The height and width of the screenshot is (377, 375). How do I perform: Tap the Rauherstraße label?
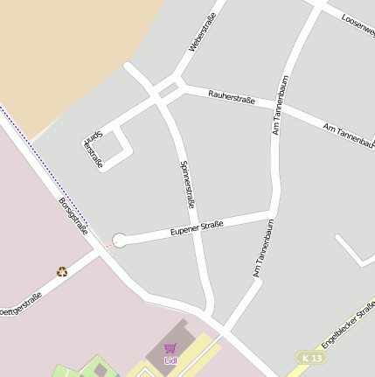(232, 100)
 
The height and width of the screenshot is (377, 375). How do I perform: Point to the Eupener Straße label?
(197, 228)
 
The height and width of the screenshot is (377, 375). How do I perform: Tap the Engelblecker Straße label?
(348, 324)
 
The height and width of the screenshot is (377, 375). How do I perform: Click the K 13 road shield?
(309, 358)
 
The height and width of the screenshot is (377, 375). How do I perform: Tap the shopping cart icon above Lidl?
(170, 348)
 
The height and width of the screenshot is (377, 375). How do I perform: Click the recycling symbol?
(62, 272)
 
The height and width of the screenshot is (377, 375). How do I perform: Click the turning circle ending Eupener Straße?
(120, 240)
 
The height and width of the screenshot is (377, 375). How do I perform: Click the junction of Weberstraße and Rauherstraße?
(181, 86)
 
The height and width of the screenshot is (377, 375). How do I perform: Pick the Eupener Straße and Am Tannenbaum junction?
(274, 213)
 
